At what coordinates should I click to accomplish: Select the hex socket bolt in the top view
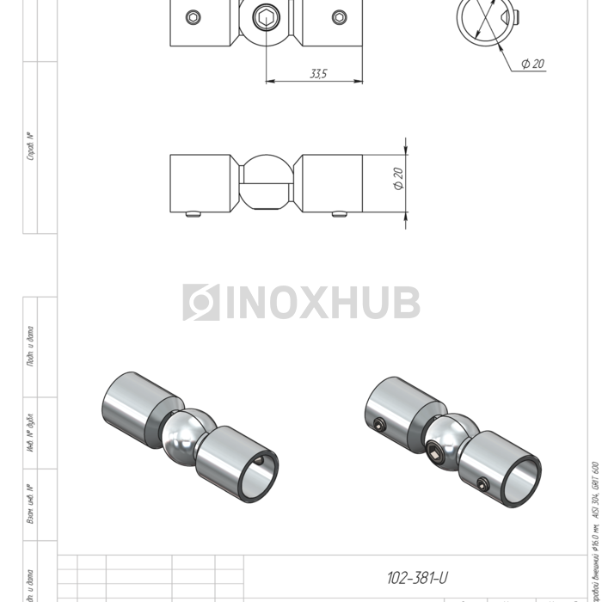(266, 18)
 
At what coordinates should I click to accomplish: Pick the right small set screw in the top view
(338, 17)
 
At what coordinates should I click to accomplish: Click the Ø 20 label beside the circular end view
(532, 64)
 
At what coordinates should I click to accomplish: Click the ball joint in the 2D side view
(266, 183)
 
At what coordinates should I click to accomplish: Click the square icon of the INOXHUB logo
(200, 303)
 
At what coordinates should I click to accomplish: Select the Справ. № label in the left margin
(31, 146)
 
